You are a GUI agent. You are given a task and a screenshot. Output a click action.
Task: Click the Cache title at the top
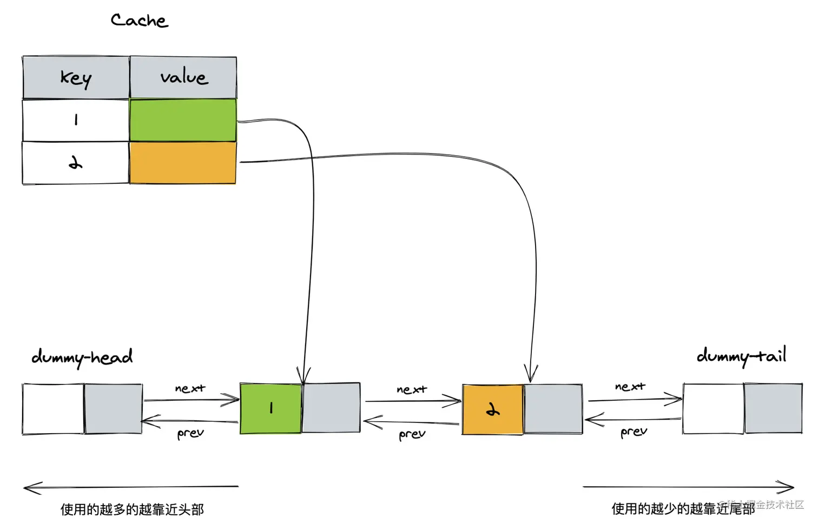139,21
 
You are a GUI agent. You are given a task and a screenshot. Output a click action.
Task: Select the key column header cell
76,77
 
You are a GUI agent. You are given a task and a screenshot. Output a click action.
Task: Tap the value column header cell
183,77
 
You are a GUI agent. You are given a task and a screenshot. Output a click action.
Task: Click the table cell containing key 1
76,120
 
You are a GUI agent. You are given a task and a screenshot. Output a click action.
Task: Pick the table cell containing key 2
76,163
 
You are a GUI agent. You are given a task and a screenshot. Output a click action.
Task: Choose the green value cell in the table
183,120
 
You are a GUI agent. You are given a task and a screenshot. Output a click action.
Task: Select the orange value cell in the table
183,163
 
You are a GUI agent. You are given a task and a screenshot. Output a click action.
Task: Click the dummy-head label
82,357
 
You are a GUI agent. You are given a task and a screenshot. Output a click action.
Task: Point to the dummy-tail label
741,356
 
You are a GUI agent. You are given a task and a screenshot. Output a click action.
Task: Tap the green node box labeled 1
271,408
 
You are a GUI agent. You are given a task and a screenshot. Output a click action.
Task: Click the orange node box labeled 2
492,409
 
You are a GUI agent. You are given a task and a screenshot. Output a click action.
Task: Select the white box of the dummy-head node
53,409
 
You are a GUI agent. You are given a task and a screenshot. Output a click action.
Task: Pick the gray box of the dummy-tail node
773,408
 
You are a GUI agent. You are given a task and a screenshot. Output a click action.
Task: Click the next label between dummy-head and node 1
190,388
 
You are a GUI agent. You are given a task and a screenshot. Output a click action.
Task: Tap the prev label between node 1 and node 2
412,434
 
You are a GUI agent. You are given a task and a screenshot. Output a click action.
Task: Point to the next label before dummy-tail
630,387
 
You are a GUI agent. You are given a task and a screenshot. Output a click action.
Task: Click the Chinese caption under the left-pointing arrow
132,509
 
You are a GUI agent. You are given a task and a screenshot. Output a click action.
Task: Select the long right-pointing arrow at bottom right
688,487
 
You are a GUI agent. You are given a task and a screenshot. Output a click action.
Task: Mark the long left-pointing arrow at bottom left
131,487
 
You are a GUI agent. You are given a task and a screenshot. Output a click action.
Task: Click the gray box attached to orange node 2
553,409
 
